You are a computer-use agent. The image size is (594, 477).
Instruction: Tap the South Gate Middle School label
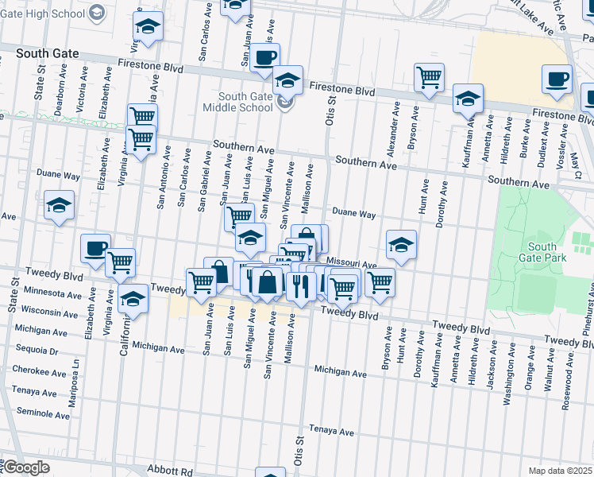pyautogui.click(x=245, y=103)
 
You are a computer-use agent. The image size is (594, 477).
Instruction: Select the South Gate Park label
pyautogui.click(x=542, y=252)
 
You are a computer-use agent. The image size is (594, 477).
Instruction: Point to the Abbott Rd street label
pyautogui.click(x=175, y=471)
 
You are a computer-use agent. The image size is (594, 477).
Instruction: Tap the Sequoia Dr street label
pyautogui.click(x=32, y=350)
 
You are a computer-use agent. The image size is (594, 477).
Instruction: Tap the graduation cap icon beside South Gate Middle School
pyautogui.click(x=287, y=79)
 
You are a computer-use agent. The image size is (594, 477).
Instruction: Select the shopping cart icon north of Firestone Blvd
pyautogui.click(x=429, y=77)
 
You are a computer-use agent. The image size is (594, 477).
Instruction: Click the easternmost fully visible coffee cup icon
pyautogui.click(x=557, y=79)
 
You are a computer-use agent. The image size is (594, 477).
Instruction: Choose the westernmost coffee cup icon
pyautogui.click(x=95, y=248)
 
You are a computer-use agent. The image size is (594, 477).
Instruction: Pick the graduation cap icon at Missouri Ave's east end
pyautogui.click(x=402, y=244)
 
